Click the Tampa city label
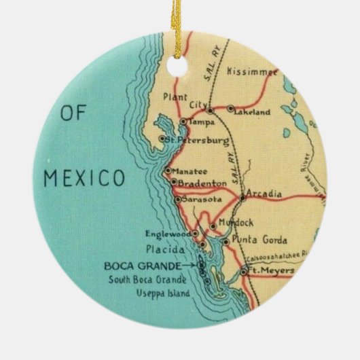click(201, 122)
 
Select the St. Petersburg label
click(196, 140)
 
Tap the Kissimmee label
click(253, 71)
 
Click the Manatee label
click(188, 170)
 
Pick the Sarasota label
click(202, 200)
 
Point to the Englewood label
click(168, 234)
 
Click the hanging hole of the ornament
click(179, 31)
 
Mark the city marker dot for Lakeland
click(231, 109)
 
